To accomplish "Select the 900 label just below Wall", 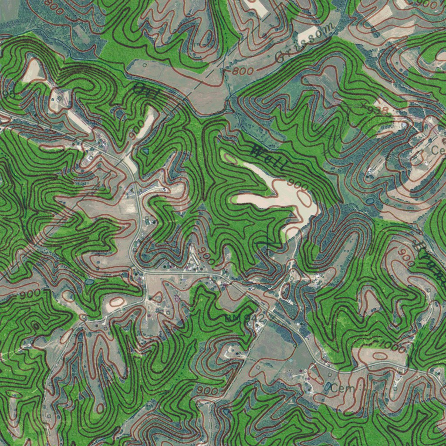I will click(x=298, y=186).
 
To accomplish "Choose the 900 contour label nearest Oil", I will click(x=136, y=129).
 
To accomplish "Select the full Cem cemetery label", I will click(x=340, y=388).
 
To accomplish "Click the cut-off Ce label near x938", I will click(x=437, y=150).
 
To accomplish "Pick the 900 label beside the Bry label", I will click(x=405, y=257).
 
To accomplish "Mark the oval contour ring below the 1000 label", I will click(x=380, y=356).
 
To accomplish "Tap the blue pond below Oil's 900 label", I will click(x=145, y=151).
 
